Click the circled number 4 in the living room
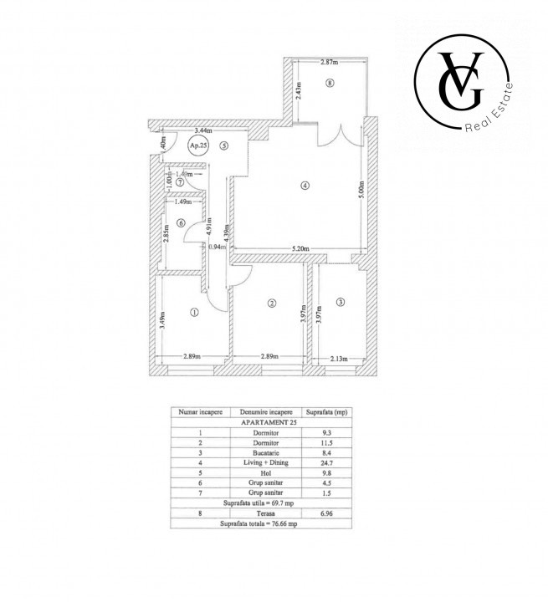click(305, 186)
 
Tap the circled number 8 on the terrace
click(330, 84)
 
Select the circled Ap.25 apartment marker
click(197, 145)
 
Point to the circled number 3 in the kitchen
click(340, 302)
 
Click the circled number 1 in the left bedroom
click(194, 313)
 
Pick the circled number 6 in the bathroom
click(181, 223)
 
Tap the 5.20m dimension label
click(300, 248)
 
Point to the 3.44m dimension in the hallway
click(203, 131)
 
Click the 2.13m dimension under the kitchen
click(339, 359)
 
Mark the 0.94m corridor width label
click(217, 247)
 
